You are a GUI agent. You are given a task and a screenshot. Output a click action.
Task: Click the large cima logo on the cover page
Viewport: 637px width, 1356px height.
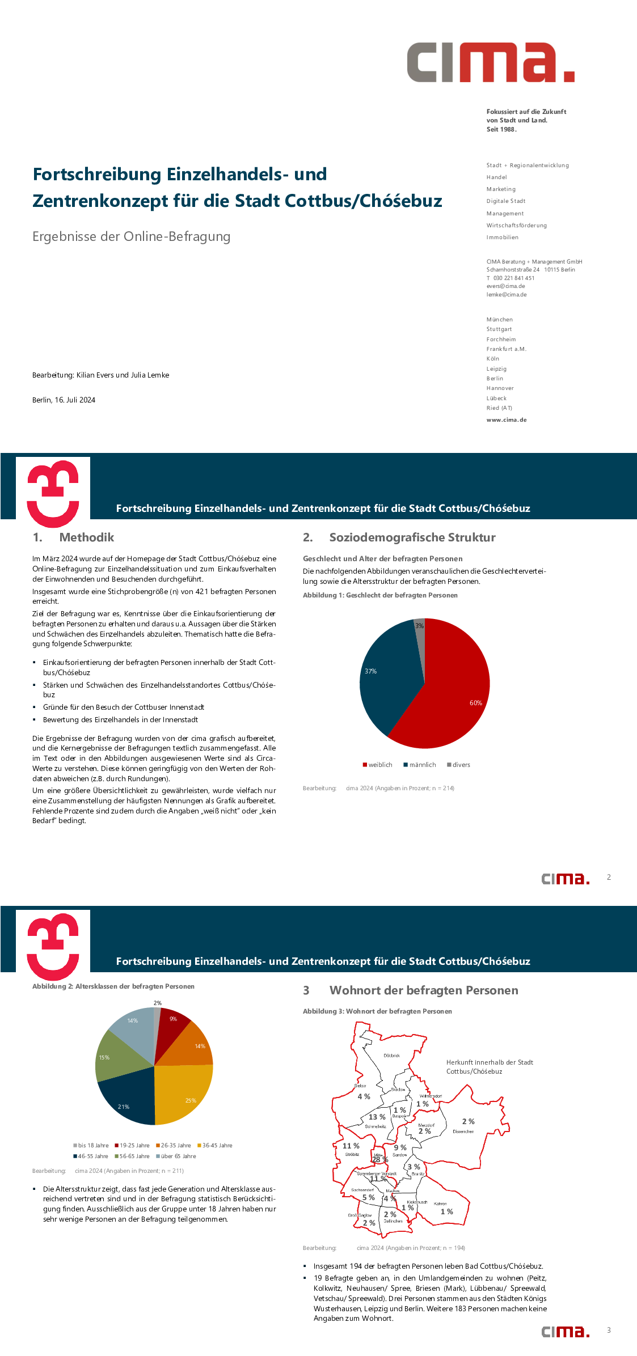(490, 62)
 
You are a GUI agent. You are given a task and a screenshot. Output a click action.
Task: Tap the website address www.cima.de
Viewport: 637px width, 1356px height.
(506, 420)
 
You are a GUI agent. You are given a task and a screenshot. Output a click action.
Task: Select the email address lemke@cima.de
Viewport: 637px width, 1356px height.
(506, 295)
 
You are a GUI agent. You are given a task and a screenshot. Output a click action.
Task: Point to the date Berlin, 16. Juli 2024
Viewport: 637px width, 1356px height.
(64, 400)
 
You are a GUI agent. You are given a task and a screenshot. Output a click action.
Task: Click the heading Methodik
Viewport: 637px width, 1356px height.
(86, 537)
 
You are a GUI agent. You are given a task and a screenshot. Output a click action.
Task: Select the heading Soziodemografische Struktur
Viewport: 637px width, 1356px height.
(412, 537)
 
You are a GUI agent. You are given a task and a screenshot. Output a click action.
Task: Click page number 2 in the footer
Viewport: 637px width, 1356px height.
(609, 877)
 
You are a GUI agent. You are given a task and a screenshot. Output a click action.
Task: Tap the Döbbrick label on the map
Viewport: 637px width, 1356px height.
(391, 1056)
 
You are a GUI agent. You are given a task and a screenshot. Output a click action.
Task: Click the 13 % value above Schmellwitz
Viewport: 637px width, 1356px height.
(377, 1117)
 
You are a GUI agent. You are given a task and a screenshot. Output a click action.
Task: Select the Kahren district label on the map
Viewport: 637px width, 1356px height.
(440, 1204)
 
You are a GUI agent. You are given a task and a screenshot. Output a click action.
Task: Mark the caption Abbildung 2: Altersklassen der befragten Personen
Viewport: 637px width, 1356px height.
(113, 986)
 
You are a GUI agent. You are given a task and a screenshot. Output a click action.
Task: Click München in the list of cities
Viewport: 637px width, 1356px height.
(499, 320)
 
